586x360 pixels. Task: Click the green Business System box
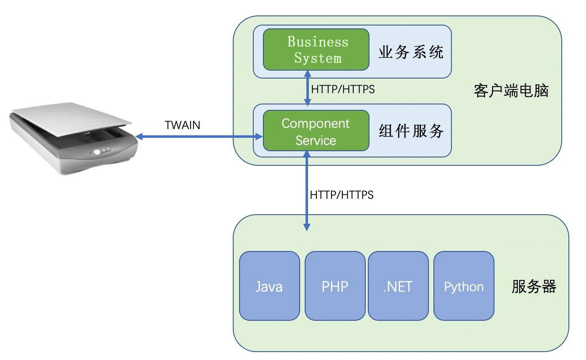point(316,49)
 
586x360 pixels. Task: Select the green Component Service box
point(316,130)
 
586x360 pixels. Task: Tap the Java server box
point(270,286)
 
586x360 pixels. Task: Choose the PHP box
point(335,286)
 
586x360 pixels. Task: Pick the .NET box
point(398,286)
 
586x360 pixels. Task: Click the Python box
point(464,286)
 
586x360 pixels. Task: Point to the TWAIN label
point(182,125)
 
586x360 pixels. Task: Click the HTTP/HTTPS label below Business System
point(343,89)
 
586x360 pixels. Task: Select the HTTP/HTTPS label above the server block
point(341,195)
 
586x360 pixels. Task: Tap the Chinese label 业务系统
point(411,52)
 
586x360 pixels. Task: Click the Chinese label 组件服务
point(411,131)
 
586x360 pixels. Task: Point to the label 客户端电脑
point(511,91)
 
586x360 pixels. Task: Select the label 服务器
point(534,286)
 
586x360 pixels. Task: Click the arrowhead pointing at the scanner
point(139,137)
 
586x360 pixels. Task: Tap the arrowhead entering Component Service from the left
point(259,137)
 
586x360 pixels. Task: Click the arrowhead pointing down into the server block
point(307,227)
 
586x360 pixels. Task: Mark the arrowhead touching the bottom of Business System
point(308,74)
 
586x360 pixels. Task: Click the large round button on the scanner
point(97,152)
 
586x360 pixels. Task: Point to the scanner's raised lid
point(71,119)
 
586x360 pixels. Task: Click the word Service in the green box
point(316,140)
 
